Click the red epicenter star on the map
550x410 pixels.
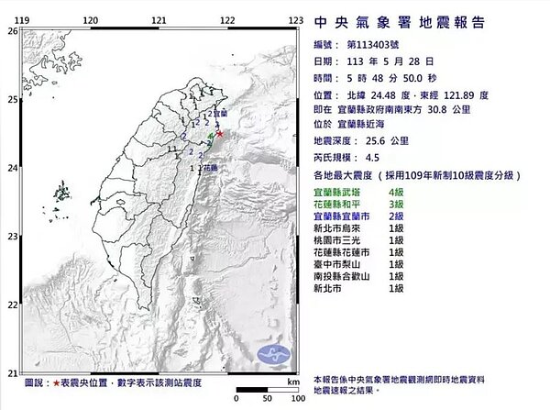point(219,134)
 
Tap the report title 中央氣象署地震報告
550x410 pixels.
point(400,22)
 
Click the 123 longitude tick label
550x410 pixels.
point(296,19)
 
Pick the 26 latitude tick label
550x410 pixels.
point(12,30)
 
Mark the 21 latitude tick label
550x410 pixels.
point(12,372)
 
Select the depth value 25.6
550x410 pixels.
point(364,140)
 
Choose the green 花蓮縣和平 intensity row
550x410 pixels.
point(341,201)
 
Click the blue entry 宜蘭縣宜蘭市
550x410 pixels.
point(346,214)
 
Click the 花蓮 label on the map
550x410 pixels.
point(210,169)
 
